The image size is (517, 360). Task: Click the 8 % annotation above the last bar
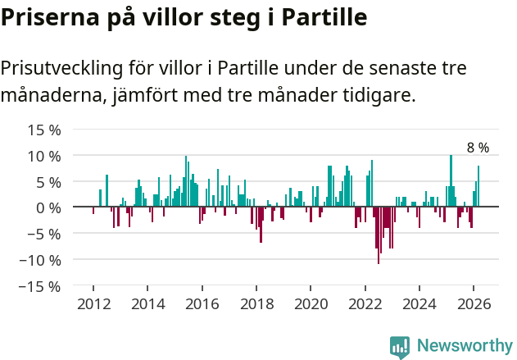(x=478, y=148)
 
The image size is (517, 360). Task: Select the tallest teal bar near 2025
(x=451, y=181)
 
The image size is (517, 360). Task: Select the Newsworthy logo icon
(x=400, y=346)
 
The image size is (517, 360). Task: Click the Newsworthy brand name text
(x=464, y=346)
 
